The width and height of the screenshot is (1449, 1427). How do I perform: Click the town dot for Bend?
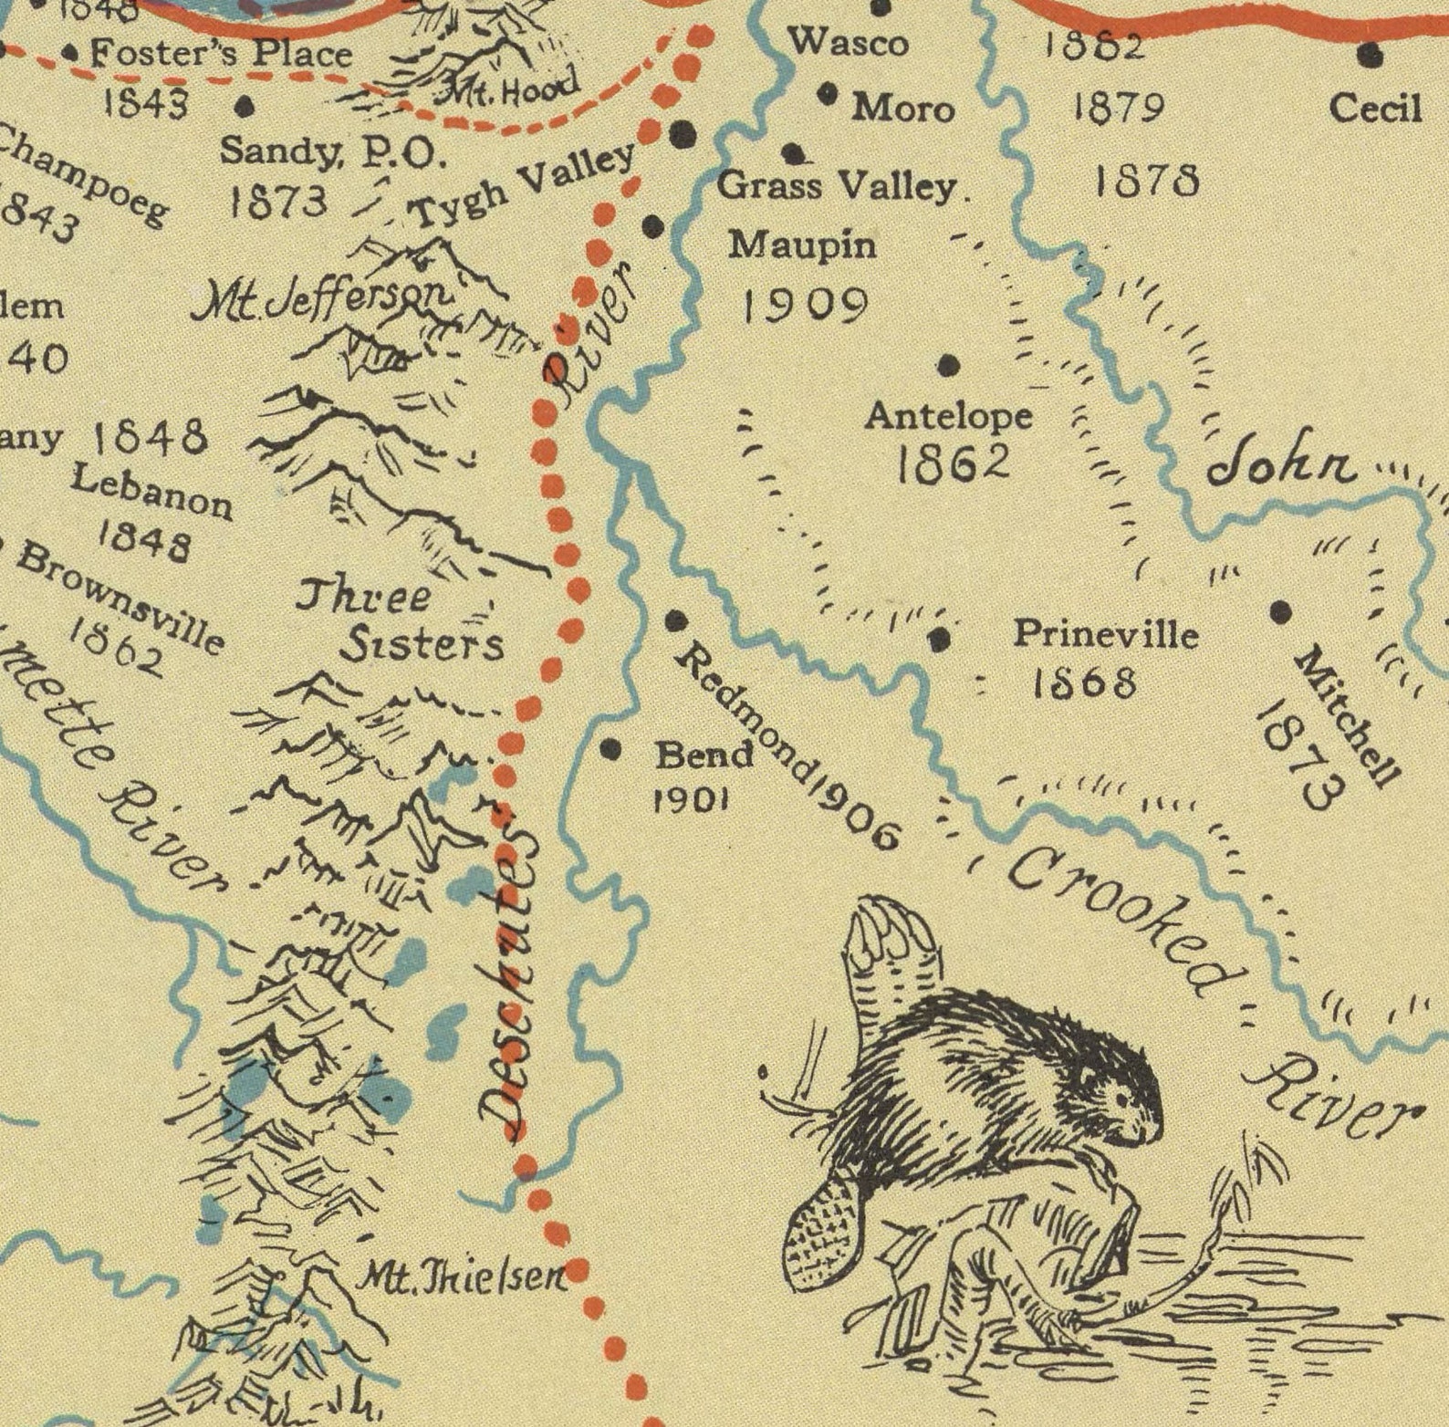point(610,750)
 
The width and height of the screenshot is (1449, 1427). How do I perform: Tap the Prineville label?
point(1106,632)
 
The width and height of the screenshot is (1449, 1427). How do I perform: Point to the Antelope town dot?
point(949,366)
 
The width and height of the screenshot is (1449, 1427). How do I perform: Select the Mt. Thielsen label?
point(461,1277)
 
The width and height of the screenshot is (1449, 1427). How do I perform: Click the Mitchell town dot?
point(1281,610)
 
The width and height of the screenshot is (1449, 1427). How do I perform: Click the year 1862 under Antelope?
point(953,464)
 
